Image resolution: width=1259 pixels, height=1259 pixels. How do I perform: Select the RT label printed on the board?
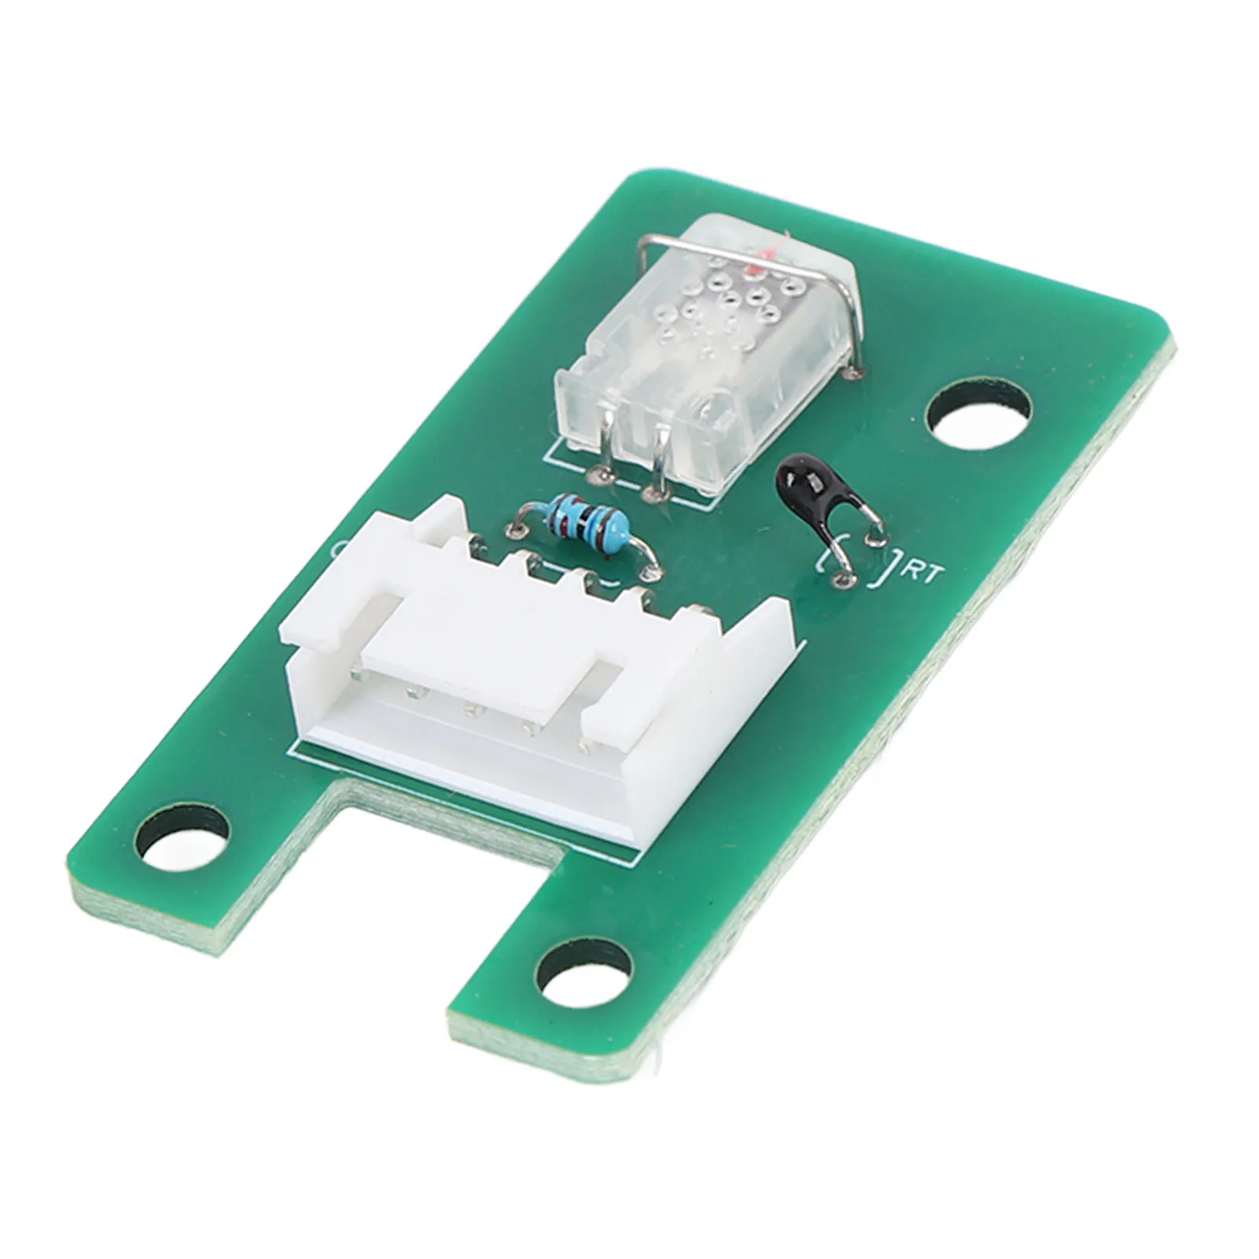[x=922, y=574]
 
